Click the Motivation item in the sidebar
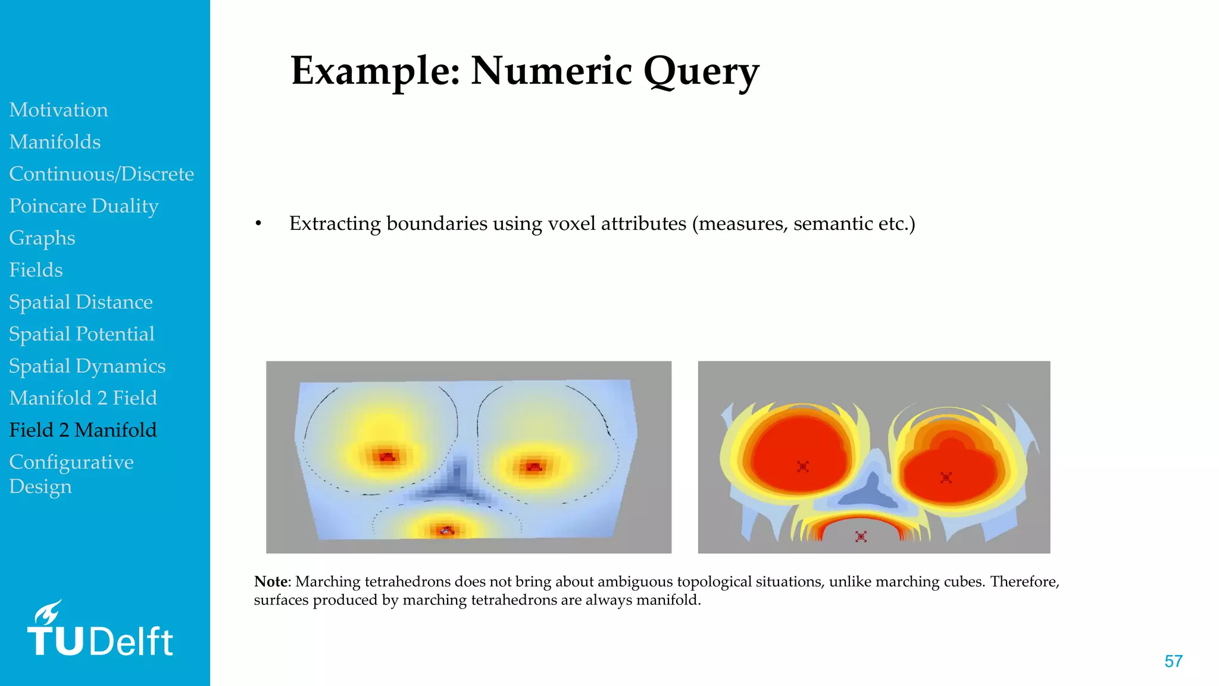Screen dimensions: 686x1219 [x=58, y=110]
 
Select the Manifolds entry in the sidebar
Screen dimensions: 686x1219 [x=55, y=142]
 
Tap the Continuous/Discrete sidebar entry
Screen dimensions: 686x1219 [x=101, y=174]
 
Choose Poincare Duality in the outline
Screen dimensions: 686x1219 [x=83, y=206]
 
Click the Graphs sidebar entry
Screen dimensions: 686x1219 [x=42, y=238]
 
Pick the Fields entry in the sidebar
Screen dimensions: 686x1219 [x=36, y=270]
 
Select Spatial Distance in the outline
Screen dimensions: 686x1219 [x=80, y=303]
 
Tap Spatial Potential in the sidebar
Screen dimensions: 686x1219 [x=82, y=334]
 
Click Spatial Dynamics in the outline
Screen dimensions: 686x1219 [x=87, y=366]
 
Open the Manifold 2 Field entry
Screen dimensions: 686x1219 [x=83, y=398]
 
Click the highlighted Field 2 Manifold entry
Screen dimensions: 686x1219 [x=83, y=430]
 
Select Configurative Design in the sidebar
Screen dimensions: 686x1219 [x=71, y=474]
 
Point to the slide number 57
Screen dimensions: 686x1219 [x=1173, y=662]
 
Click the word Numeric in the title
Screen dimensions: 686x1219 [x=551, y=71]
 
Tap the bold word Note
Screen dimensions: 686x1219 [x=271, y=582]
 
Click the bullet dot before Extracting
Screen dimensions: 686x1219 [x=258, y=224]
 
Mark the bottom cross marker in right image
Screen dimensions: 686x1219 [x=861, y=537]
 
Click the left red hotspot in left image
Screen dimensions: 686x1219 [x=387, y=457]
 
